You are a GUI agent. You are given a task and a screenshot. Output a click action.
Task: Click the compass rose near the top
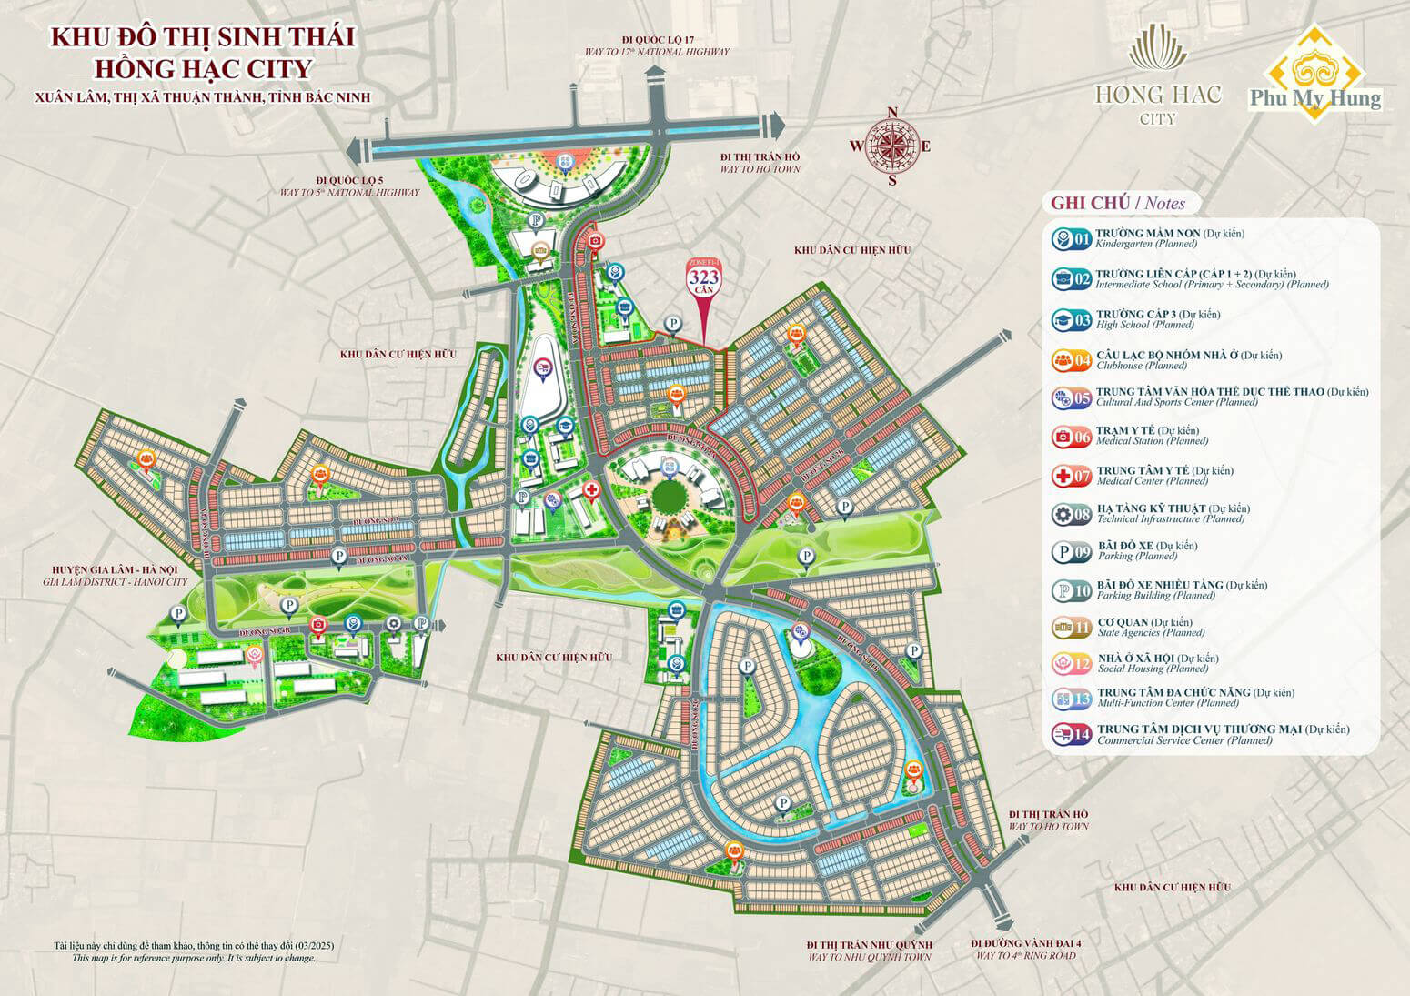(x=891, y=146)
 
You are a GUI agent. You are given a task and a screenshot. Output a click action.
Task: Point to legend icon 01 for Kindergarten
(x=1071, y=239)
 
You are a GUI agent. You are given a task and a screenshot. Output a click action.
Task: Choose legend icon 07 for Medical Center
(x=1071, y=476)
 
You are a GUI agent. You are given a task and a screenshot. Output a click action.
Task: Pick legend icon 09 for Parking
(x=1071, y=551)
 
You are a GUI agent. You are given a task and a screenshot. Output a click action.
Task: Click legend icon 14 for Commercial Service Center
(x=1071, y=734)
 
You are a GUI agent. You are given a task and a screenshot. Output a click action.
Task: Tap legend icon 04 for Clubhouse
(x=1071, y=360)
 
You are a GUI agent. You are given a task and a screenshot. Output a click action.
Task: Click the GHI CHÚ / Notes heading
(x=1112, y=203)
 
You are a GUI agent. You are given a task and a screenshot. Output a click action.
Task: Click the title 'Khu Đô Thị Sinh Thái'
(x=202, y=37)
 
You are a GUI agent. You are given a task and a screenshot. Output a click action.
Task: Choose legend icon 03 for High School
(x=1071, y=319)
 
